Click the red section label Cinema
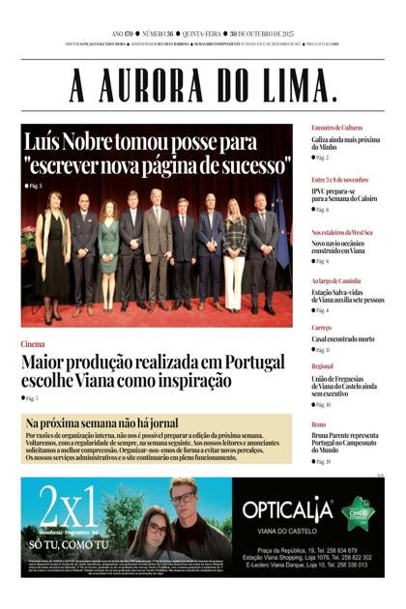pos(32,344)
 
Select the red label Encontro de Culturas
pos(336,128)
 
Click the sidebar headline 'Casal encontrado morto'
pos(342,339)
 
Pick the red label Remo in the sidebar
pos(318,424)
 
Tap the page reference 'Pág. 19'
pos(322,462)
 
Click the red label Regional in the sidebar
pos(323,367)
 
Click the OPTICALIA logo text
pos(287,509)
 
